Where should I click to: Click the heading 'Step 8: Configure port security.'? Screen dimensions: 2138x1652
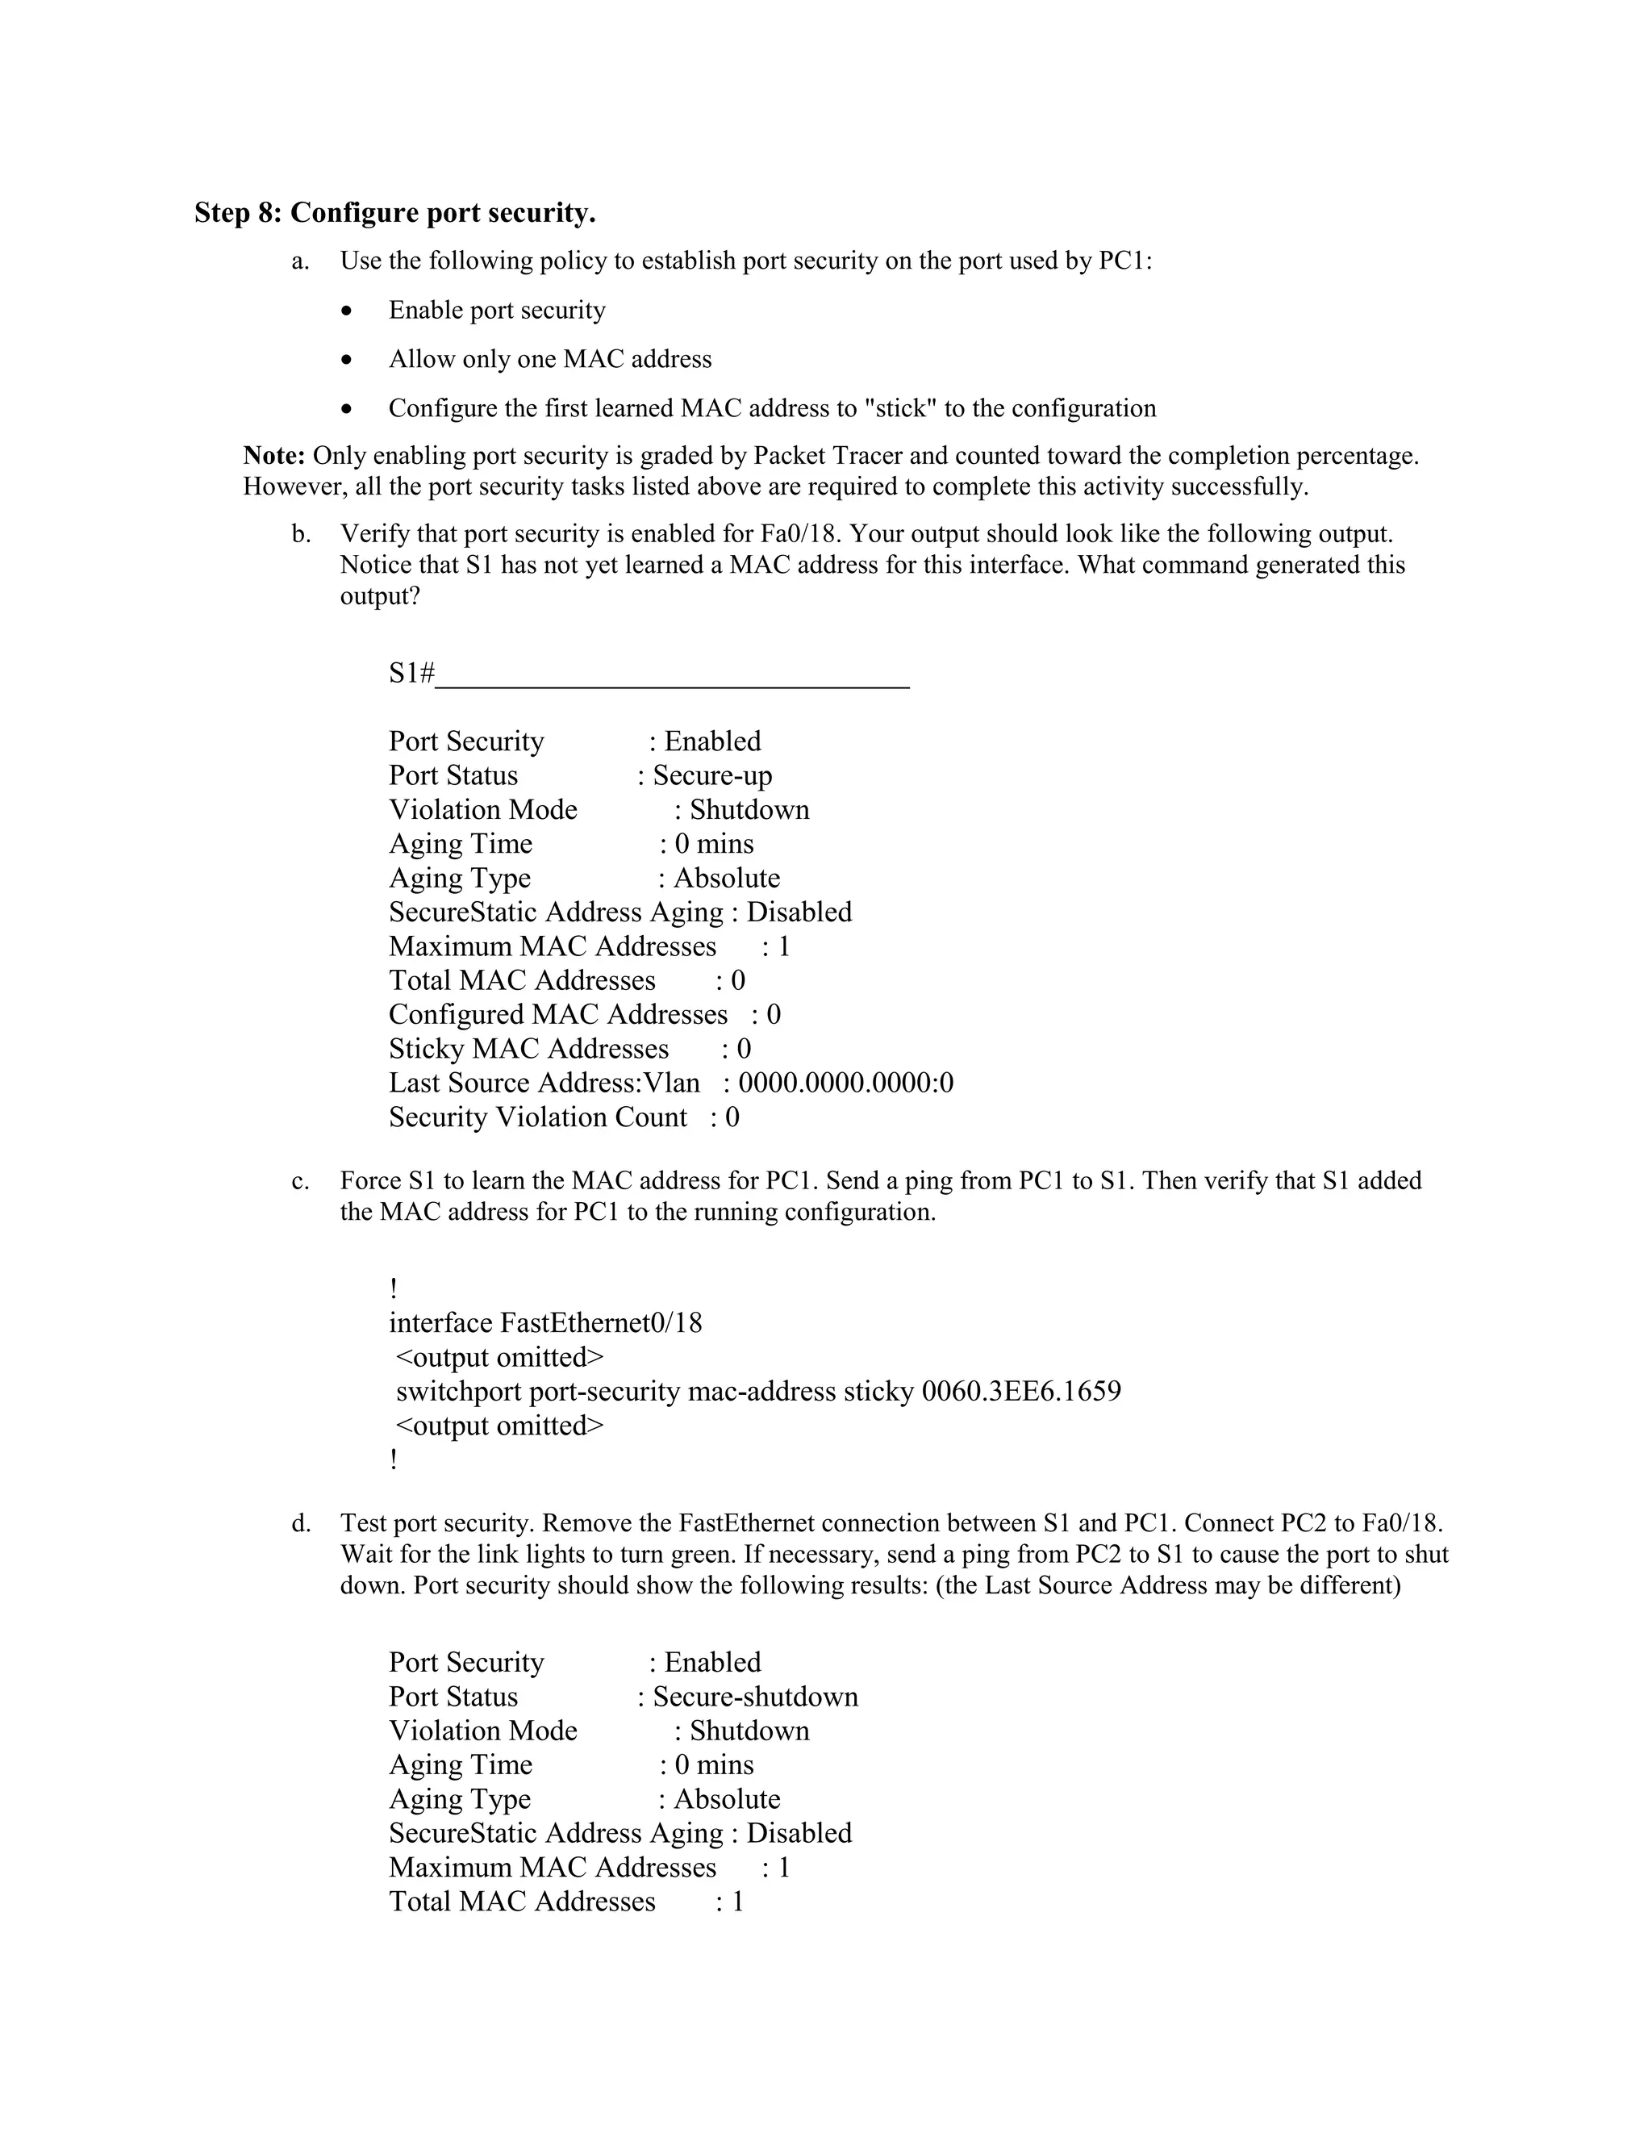[394, 212]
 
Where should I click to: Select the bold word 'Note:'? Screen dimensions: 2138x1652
[274, 455]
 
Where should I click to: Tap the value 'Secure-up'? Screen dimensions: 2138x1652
[712, 775]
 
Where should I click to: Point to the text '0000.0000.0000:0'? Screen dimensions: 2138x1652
[845, 1083]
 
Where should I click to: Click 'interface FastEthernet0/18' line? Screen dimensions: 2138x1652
[545, 1323]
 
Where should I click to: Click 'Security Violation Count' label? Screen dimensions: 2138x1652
[537, 1117]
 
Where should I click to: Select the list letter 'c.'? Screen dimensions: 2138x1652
[300, 1182]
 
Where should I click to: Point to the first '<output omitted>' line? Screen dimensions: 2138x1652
[500, 1358]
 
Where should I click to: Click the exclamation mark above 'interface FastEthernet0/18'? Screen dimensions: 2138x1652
[394, 1289]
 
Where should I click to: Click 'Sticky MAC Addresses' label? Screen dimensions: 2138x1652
[528, 1049]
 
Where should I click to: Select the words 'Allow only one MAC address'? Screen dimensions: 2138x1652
[550, 359]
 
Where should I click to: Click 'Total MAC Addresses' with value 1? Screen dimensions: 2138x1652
[522, 1901]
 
